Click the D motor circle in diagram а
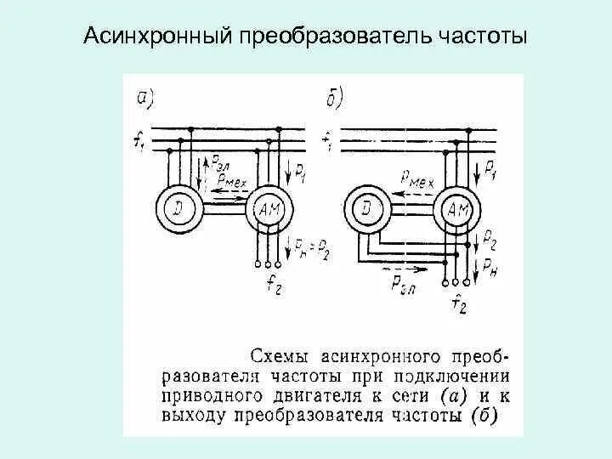[x=177, y=207]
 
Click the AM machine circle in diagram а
[x=269, y=207]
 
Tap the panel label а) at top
[x=144, y=99]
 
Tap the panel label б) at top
[x=334, y=99]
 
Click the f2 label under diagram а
[x=273, y=286]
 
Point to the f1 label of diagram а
[x=139, y=141]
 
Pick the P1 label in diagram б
[x=490, y=174]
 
